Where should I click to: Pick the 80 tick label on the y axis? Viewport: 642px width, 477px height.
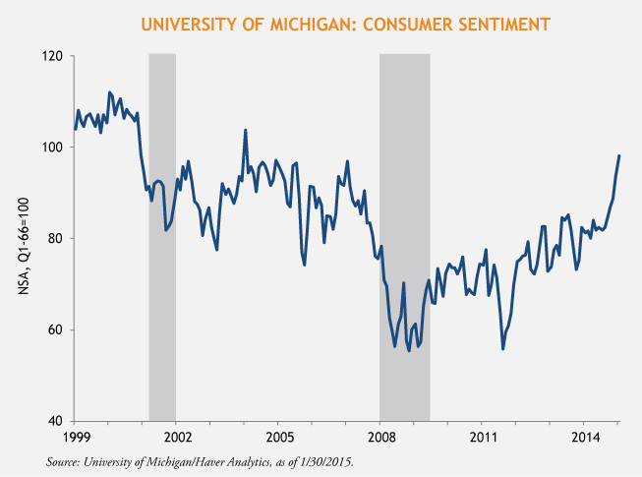tap(56, 239)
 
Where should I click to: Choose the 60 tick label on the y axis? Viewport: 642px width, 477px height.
tap(56, 329)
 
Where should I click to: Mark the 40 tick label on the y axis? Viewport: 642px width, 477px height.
tap(56, 421)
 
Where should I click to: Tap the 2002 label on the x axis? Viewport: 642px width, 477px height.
tap(177, 435)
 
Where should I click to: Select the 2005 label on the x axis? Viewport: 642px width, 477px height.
tap(278, 435)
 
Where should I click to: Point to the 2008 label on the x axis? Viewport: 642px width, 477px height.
tap(380, 435)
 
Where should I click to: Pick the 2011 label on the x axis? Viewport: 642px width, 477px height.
tap(483, 435)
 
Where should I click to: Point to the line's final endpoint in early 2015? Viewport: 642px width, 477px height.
tap(619, 155)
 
